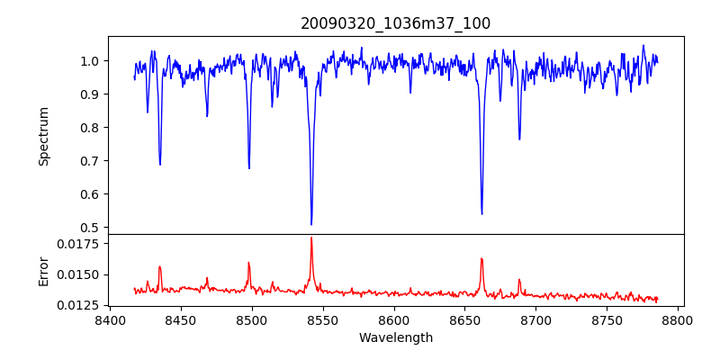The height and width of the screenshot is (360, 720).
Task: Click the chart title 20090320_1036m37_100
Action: coord(395,24)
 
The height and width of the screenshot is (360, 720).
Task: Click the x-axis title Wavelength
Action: coord(395,338)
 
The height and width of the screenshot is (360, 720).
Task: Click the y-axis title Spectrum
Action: coord(43,136)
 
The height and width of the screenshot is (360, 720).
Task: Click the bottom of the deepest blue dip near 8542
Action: coord(311,224)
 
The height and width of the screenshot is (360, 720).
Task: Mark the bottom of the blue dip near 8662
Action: coord(481,213)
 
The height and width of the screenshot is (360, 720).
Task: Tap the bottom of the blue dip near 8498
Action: coord(249,168)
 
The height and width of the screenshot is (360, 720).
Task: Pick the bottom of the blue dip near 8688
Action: coord(519,139)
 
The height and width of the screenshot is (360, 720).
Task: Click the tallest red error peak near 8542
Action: coord(311,238)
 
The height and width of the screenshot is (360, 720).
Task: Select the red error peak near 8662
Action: coord(481,258)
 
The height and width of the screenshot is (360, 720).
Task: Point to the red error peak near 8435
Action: coord(159,266)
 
